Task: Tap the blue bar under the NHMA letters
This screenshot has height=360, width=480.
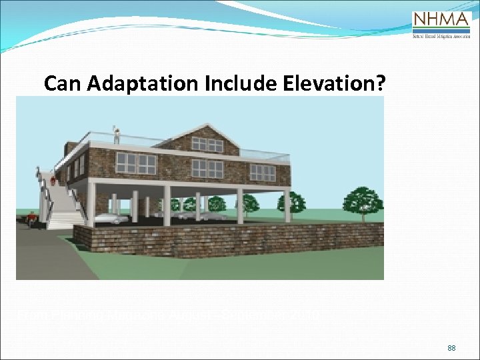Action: [441, 30]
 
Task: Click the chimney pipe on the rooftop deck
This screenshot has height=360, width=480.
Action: [116, 134]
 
